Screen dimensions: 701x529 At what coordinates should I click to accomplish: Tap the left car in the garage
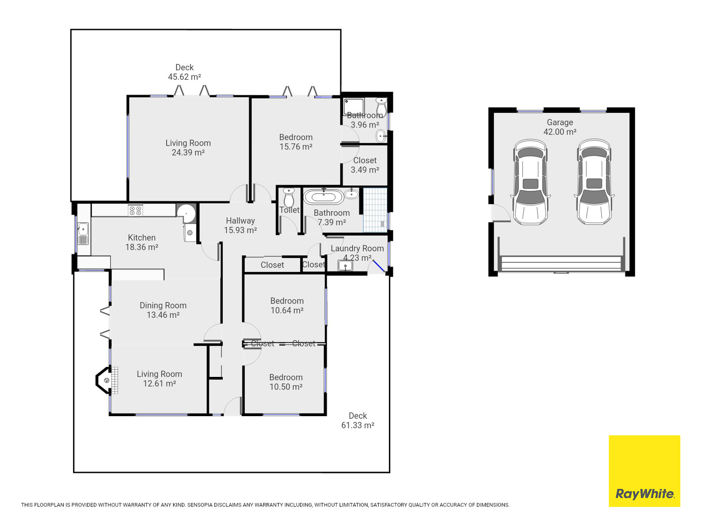530,182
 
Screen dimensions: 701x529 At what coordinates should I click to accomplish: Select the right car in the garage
594,182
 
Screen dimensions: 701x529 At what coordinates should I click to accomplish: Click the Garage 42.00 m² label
560,127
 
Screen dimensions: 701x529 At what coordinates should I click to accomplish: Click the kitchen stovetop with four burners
135,210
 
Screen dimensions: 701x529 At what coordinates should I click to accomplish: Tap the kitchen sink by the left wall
83,233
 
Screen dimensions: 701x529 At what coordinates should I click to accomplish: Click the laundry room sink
345,266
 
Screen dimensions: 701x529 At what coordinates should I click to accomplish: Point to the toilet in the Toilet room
289,197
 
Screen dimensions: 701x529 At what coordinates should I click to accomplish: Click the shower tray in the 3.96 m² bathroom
354,107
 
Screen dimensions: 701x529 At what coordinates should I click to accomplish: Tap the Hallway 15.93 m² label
240,225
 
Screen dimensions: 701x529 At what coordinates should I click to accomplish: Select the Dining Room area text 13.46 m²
163,315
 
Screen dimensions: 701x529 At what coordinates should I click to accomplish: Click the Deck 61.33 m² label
358,420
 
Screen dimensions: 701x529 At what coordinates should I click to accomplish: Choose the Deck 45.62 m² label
185,72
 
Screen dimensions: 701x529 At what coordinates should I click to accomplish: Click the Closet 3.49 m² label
365,165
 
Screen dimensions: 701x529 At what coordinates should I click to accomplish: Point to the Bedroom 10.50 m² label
286,382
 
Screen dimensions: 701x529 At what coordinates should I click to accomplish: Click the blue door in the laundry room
379,266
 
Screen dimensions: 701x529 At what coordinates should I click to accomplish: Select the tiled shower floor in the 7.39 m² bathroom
375,210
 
